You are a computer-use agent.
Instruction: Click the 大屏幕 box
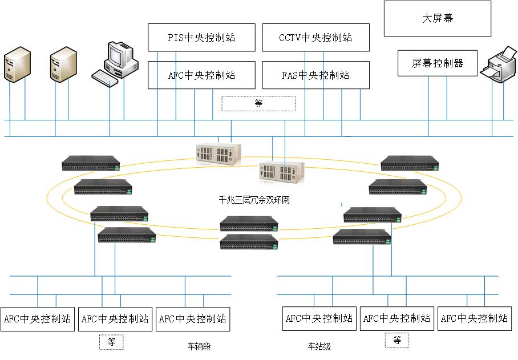point(437,19)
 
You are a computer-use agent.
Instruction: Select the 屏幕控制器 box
point(437,63)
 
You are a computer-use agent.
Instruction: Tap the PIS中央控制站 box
point(201,38)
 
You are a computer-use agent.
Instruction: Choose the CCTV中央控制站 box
point(315,38)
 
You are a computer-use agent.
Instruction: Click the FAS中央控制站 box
point(315,75)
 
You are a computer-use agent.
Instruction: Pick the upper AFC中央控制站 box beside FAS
point(201,75)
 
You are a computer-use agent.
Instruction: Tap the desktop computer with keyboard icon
point(115,63)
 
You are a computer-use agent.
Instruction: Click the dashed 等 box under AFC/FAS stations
point(258,103)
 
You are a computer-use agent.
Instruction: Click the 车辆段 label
point(199,346)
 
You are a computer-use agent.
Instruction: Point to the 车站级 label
point(319,346)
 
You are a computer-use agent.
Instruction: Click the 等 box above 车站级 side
point(396,341)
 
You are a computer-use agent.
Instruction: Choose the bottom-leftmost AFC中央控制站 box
point(37,318)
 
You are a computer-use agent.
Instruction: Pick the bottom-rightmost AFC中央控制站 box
point(475,318)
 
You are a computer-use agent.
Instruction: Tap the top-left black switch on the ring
point(91,163)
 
